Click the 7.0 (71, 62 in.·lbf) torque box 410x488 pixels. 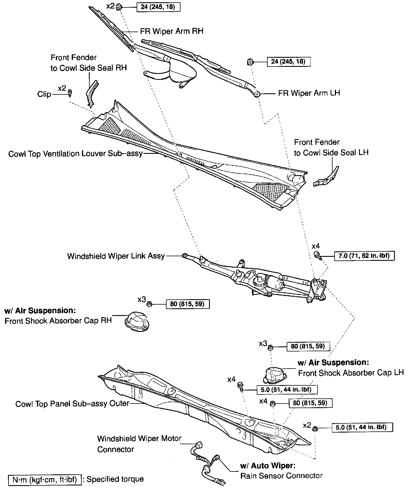click(364, 256)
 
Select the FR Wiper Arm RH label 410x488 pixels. click(172, 31)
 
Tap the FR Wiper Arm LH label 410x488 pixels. click(309, 93)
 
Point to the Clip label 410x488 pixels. click(44, 94)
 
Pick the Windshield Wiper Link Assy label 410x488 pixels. click(116, 256)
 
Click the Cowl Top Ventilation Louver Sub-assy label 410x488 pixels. click(75, 154)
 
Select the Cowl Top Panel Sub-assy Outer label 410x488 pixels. click(72, 404)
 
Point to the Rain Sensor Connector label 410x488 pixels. click(281, 475)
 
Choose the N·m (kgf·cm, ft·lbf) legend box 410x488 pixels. click(45, 479)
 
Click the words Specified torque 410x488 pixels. click(115, 479)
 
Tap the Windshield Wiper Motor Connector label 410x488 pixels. click(139, 444)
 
